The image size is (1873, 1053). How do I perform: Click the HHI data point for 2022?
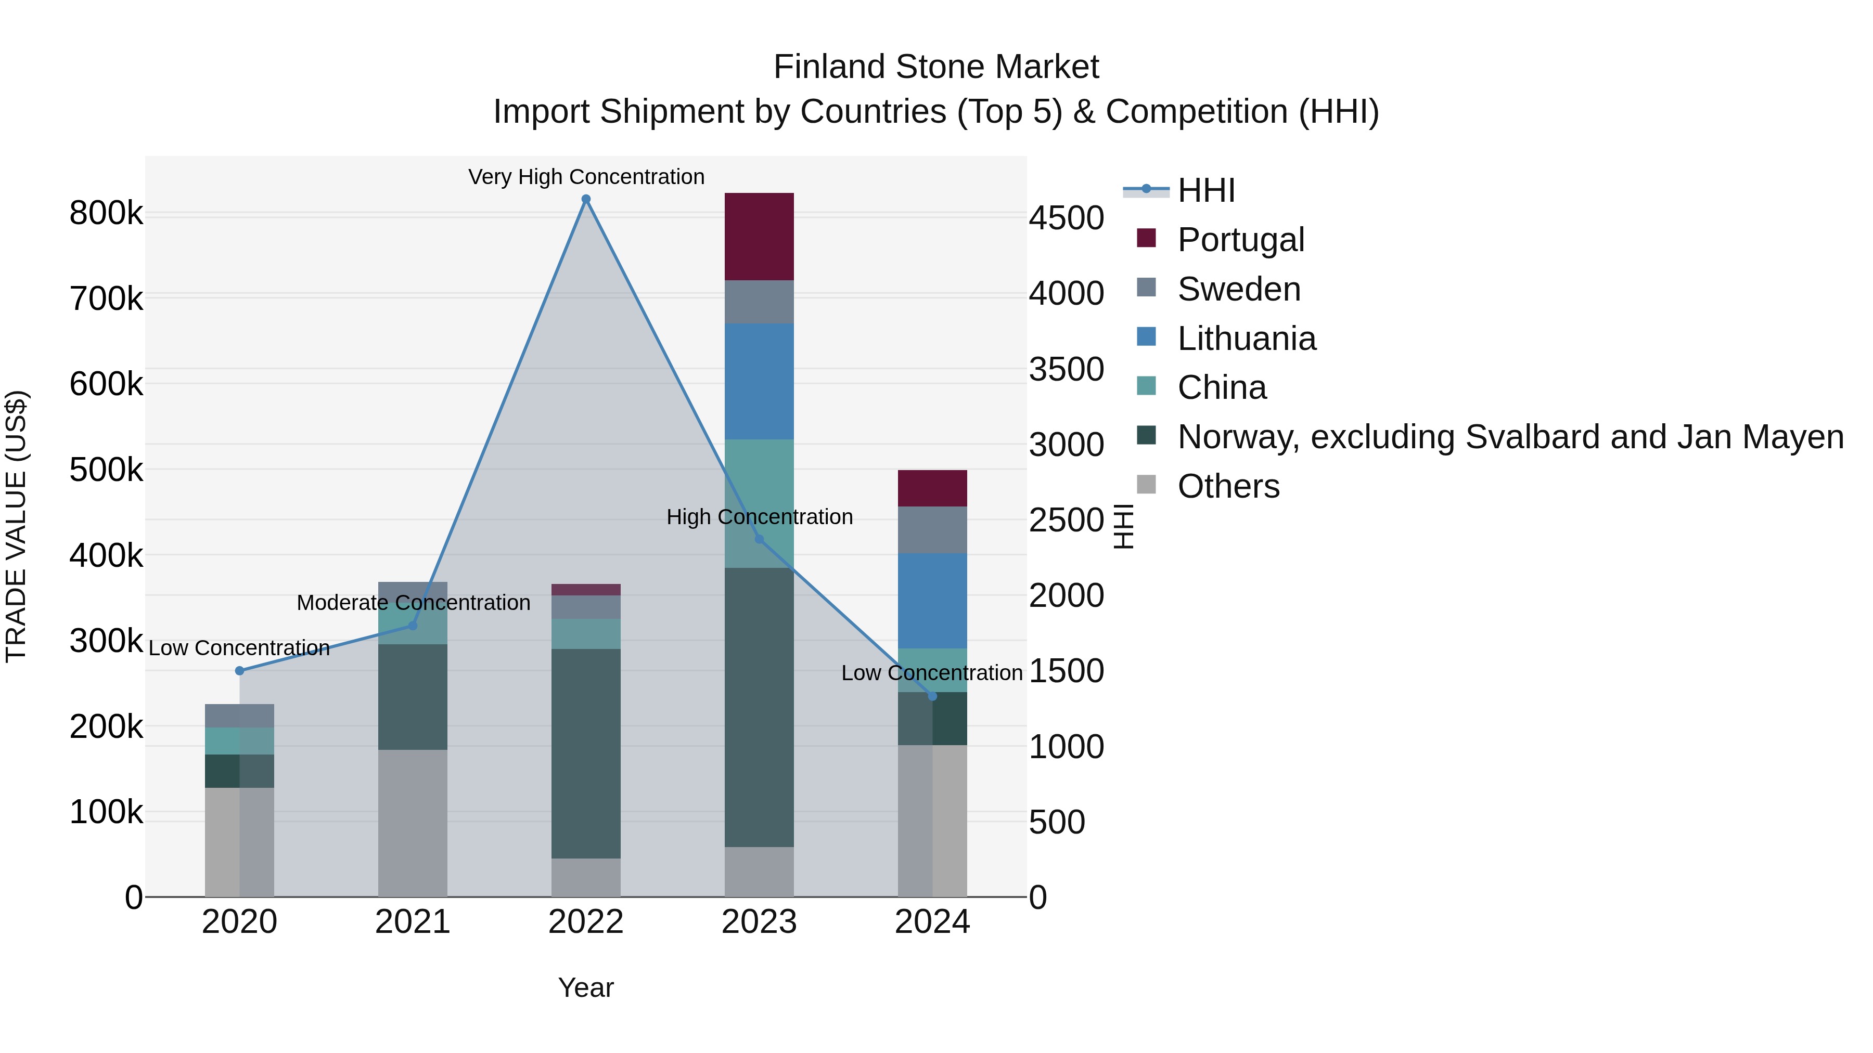[586, 199]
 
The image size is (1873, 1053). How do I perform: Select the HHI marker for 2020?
[239, 671]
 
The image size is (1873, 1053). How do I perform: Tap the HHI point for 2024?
[933, 696]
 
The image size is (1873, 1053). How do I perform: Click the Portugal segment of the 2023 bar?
[759, 237]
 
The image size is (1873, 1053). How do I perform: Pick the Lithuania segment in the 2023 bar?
[759, 382]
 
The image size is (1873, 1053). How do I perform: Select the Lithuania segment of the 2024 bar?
[932, 601]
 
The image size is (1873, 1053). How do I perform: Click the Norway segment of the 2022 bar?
[586, 753]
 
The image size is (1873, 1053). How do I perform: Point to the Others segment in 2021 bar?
[412, 823]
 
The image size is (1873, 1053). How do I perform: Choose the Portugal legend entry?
[1240, 240]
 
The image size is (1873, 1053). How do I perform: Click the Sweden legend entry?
[1238, 289]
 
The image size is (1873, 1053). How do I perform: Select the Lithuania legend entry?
[1246, 339]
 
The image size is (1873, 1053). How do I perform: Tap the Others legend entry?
[1228, 486]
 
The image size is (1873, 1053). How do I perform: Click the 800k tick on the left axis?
[106, 214]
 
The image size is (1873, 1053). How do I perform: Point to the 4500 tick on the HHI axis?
[1066, 218]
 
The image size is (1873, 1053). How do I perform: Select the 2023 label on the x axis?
[759, 922]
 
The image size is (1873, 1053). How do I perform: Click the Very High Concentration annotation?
[586, 177]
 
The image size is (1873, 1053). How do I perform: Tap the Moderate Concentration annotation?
[413, 603]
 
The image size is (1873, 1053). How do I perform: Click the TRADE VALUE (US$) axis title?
[16, 526]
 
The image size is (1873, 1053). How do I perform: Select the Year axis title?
[585, 987]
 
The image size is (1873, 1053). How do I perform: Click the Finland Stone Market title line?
[936, 67]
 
